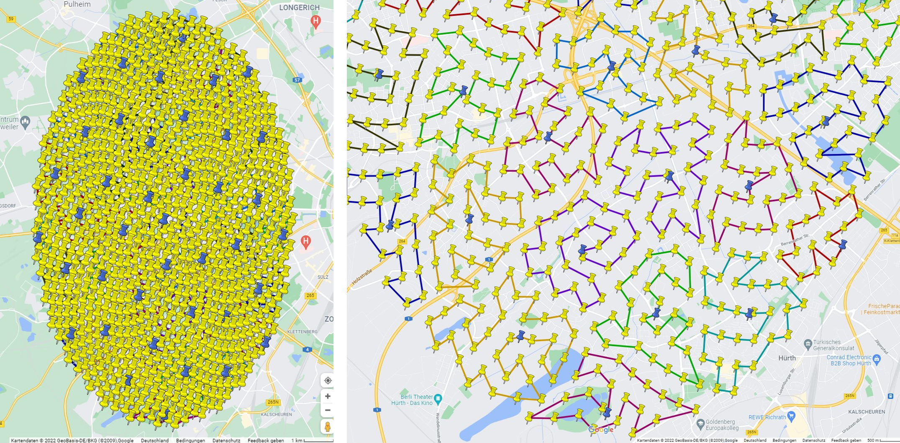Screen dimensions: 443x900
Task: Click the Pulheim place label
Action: click(x=77, y=4)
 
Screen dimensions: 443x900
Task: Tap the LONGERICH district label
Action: click(x=299, y=8)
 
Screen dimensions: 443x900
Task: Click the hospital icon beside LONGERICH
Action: click(x=316, y=21)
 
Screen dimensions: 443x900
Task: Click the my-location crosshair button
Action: click(x=328, y=380)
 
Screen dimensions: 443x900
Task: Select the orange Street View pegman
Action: click(x=328, y=426)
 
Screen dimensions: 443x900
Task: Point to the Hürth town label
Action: click(x=787, y=358)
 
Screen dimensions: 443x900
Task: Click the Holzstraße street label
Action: click(x=362, y=277)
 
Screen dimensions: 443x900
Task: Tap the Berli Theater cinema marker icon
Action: click(x=438, y=398)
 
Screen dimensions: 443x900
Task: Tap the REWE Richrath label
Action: click(x=767, y=417)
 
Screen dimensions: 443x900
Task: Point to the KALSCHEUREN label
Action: click(x=866, y=412)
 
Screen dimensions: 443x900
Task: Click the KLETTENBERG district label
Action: click(x=302, y=332)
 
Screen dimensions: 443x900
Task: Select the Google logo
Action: click(x=601, y=430)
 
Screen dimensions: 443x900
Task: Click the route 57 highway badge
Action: click(x=297, y=80)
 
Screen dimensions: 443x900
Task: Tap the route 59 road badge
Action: click(x=11, y=19)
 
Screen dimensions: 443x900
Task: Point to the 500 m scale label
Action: click(x=873, y=440)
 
